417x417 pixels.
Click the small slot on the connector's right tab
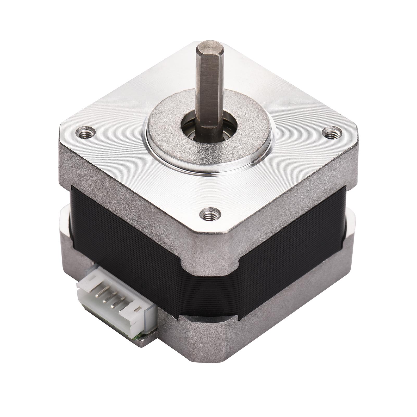point(136,310)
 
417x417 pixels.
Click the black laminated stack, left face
point(125,242)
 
